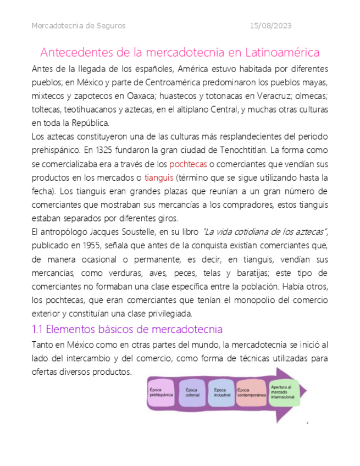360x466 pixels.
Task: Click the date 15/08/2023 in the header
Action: click(x=270, y=26)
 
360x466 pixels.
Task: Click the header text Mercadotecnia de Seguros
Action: click(x=79, y=26)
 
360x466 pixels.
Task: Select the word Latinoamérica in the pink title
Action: click(x=274, y=53)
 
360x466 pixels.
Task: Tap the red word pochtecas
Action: click(x=188, y=164)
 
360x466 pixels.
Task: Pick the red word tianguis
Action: click(x=159, y=177)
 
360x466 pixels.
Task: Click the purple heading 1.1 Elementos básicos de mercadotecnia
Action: click(x=127, y=330)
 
